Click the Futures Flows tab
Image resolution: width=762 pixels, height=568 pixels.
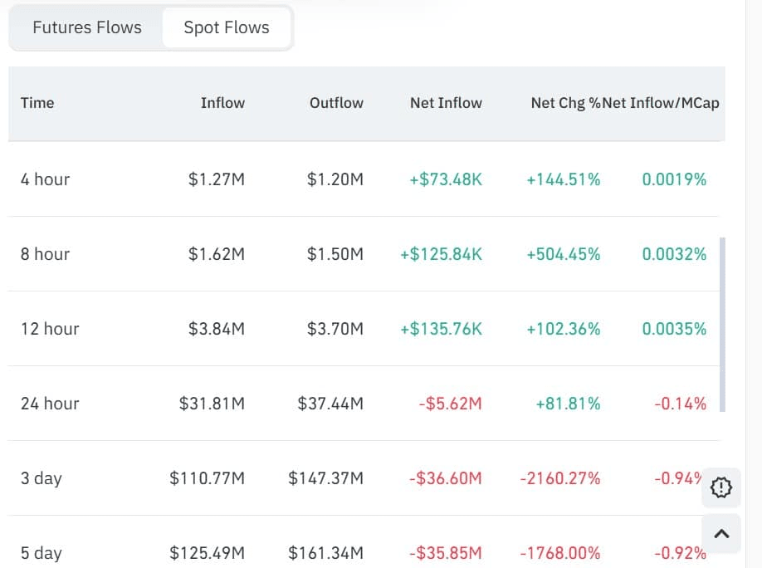pos(87,27)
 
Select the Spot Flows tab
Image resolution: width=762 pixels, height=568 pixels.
pos(227,27)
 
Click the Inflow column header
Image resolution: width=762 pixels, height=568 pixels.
pos(222,103)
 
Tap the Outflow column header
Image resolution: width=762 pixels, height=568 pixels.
pos(336,103)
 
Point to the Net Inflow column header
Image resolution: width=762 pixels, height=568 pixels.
pos(446,103)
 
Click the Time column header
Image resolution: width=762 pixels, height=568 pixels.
pos(37,103)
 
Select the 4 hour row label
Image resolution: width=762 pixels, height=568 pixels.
pos(46,179)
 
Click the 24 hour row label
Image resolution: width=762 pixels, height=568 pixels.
pos(50,404)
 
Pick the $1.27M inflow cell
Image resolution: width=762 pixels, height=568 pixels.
pos(217,179)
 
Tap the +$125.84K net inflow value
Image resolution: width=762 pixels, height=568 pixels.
pos(441,254)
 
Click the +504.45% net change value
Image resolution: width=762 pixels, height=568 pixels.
pos(563,254)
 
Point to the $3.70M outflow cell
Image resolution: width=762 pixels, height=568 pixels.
pos(335,329)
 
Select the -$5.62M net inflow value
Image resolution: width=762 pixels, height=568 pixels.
pos(449,404)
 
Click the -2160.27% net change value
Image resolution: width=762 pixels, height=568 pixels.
pos(559,478)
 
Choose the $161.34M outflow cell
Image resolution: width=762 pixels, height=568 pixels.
pos(325,553)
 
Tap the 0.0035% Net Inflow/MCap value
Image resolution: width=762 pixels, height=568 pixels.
pos(674,329)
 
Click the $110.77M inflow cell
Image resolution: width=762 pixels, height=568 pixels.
pos(207,478)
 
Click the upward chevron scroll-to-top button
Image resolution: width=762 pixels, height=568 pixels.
pos(721,534)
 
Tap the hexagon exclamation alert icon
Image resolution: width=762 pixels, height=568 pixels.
pos(721,487)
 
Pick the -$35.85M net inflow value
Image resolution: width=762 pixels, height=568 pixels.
pos(445,553)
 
